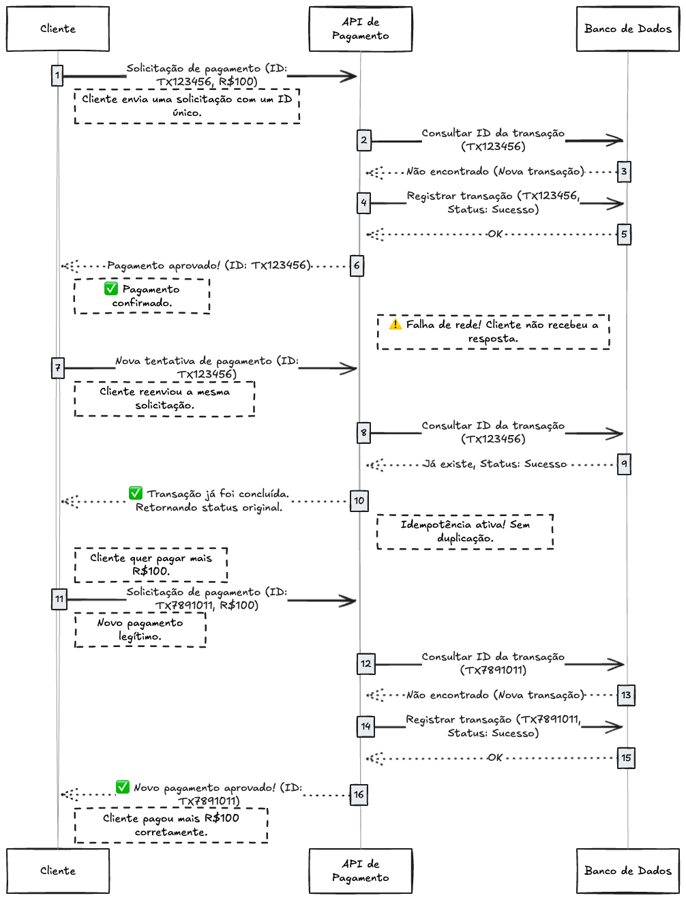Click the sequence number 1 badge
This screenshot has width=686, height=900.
pos(57,75)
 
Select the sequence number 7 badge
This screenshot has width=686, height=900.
pos(58,368)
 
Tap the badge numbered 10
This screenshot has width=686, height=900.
pos(359,500)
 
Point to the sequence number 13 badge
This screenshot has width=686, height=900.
pos(626,695)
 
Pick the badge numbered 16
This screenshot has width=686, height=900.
pos(359,794)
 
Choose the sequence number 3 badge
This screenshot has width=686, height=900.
pos(624,172)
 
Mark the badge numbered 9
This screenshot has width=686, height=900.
pos(624,464)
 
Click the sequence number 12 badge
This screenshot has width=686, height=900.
pos(366,663)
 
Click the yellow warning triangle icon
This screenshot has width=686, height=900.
pos(396,324)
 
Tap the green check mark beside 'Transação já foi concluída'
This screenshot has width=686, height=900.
pos(136,493)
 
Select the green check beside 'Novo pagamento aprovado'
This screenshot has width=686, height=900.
pos(123,787)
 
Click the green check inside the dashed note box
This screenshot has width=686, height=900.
pos(111,288)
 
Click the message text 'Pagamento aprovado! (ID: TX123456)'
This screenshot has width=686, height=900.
pos(209,265)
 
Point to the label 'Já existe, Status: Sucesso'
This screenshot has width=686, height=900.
pos(496,464)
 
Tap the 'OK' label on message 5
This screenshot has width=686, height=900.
pos(494,235)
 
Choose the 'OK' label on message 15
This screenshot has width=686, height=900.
pos(494,757)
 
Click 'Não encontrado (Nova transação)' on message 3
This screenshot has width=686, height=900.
pos(496,172)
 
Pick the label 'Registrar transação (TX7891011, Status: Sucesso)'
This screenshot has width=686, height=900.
pos(493,726)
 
